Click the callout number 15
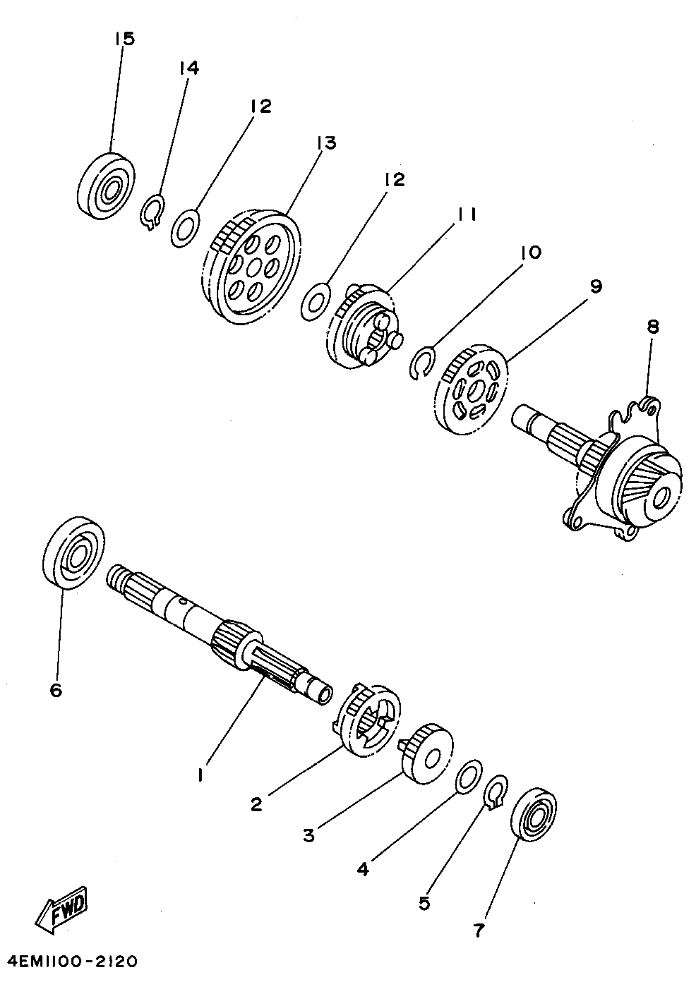tap(124, 39)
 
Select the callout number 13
tap(327, 143)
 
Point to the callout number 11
tap(466, 215)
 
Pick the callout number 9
tap(596, 287)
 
